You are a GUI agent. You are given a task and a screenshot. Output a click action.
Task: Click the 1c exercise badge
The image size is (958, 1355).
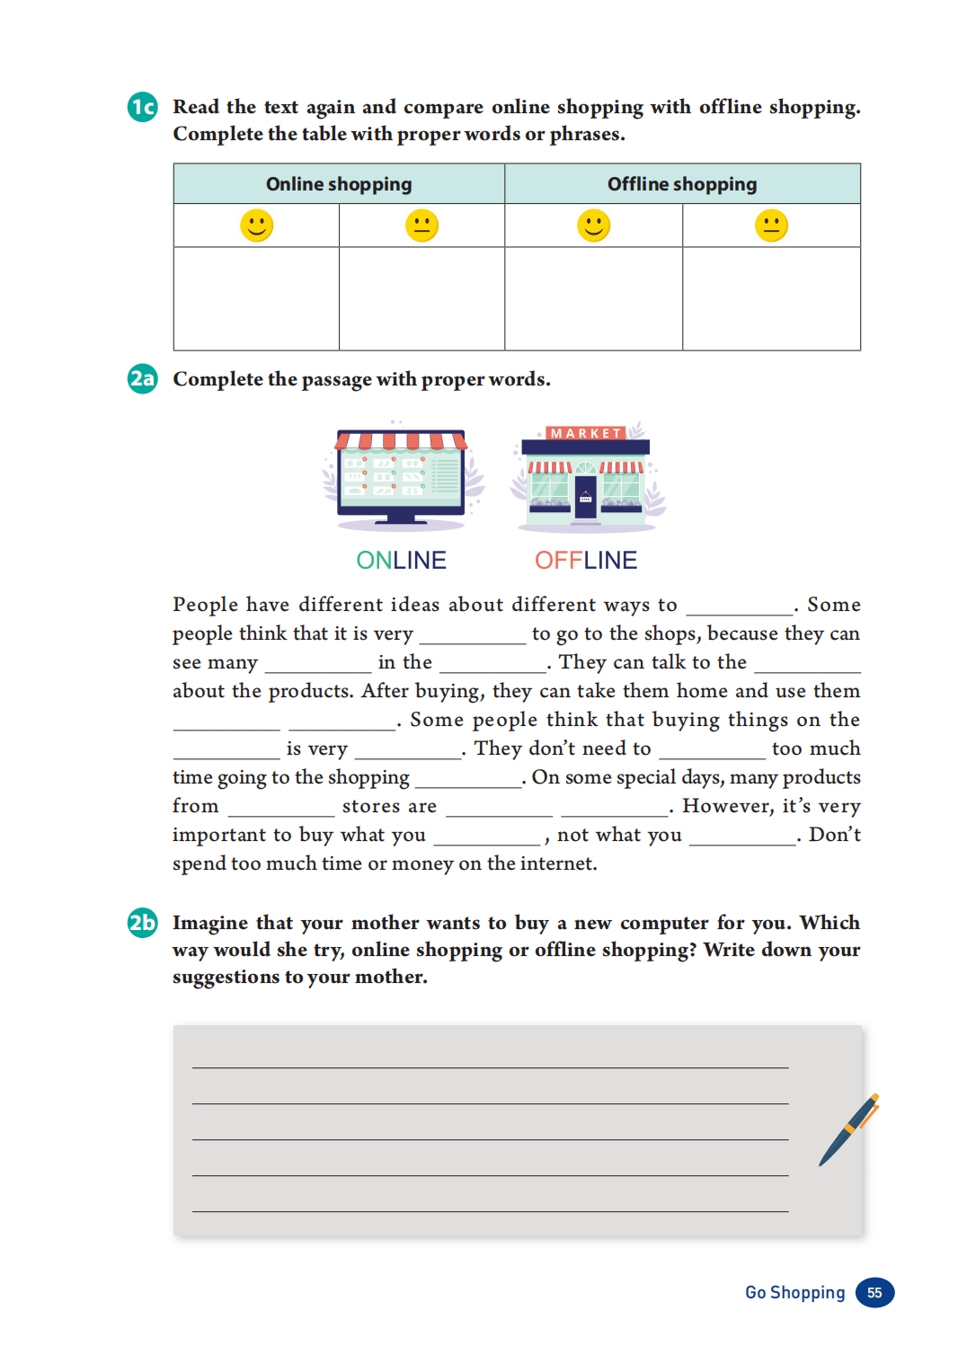pyautogui.click(x=142, y=107)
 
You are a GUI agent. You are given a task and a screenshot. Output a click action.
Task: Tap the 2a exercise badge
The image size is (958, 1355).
pyautogui.click(x=142, y=378)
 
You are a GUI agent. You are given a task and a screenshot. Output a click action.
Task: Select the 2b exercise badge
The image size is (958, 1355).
pyautogui.click(x=142, y=923)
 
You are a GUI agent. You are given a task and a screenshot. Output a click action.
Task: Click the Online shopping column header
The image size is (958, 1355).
pyautogui.click(x=339, y=184)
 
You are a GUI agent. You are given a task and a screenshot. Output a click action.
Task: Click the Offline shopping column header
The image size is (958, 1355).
pyautogui.click(x=682, y=184)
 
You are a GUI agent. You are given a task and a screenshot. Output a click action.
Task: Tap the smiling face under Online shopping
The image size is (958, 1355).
pyautogui.click(x=256, y=226)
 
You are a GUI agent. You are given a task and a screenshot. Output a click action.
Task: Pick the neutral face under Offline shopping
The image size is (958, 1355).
pyautogui.click(x=771, y=226)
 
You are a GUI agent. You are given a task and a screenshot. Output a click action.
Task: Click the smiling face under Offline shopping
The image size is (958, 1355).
pyautogui.click(x=593, y=226)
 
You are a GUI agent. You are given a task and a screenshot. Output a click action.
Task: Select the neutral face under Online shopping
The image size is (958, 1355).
pyautogui.click(x=421, y=226)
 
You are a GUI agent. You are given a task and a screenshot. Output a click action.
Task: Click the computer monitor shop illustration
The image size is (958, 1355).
pyautogui.click(x=401, y=476)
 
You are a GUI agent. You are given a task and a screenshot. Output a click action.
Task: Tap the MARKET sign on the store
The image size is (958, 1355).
pyautogui.click(x=586, y=433)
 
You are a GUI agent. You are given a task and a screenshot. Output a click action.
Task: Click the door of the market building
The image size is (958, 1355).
pyautogui.click(x=586, y=498)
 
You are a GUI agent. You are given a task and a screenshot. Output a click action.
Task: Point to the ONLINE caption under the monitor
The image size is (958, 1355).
pyautogui.click(x=401, y=561)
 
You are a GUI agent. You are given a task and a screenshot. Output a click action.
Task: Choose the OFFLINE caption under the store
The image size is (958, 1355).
pyautogui.click(x=586, y=561)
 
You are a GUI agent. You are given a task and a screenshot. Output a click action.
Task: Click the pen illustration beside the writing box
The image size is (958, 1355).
pyautogui.click(x=848, y=1130)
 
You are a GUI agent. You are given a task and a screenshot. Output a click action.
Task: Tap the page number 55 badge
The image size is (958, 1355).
pyautogui.click(x=874, y=1293)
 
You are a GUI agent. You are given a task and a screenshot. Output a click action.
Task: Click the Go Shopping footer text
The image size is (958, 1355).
pyautogui.click(x=794, y=1293)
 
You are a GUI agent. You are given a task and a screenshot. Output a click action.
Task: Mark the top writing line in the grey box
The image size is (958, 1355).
pyautogui.click(x=490, y=1067)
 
